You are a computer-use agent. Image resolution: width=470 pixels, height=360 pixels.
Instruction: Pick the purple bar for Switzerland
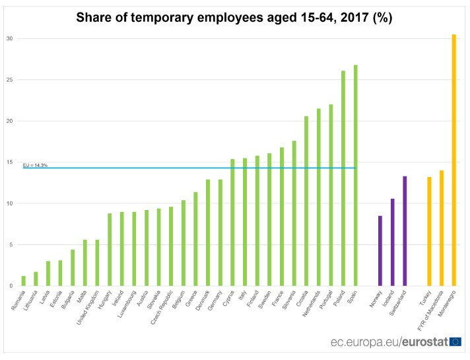click(405, 231)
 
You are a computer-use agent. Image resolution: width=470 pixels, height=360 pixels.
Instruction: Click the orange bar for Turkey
click(429, 231)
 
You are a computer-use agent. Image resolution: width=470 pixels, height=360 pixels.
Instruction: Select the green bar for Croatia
click(306, 201)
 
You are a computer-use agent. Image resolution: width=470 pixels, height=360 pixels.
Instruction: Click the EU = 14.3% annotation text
click(35, 164)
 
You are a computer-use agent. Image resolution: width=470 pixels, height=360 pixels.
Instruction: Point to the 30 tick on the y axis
click(10, 38)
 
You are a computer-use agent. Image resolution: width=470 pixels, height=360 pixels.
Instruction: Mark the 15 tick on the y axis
click(10, 162)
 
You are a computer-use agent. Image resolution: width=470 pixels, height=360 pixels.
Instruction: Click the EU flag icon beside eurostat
click(455, 342)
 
